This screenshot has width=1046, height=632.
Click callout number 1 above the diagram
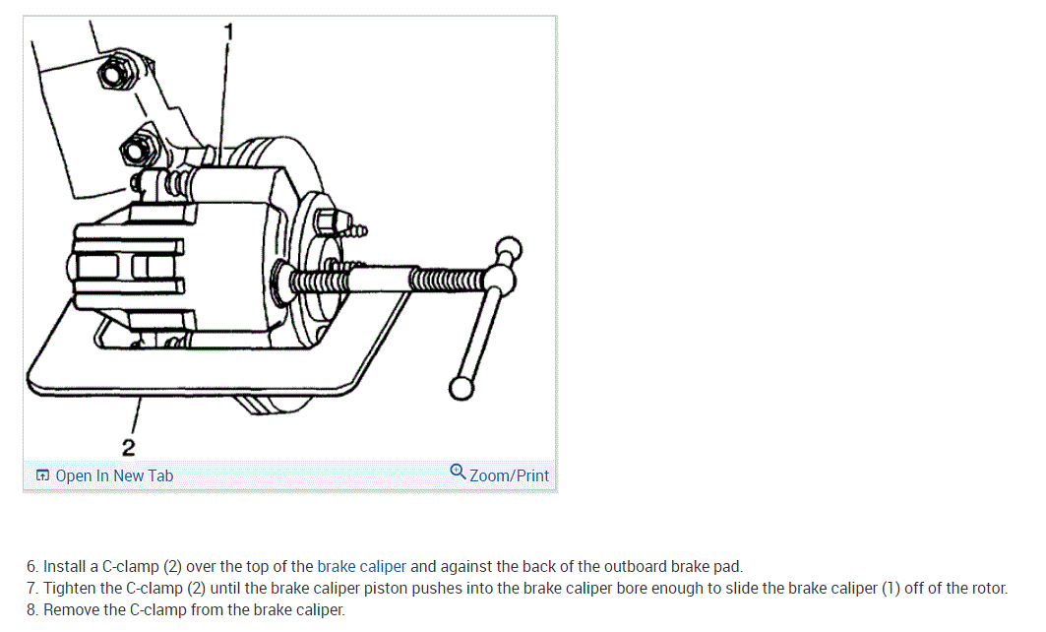pos(229,32)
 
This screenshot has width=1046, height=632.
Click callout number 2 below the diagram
pos(129,447)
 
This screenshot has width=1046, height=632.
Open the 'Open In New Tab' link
pos(114,476)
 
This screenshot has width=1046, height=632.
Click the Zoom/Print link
pos(509,476)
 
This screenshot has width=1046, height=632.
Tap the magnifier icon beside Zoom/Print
pos(458,472)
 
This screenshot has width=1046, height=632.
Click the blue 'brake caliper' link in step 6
pos(361,567)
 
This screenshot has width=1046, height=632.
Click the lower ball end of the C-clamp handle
pos(461,388)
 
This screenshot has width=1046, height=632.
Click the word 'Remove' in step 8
pos(71,610)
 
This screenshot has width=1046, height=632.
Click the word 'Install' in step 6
pos(63,567)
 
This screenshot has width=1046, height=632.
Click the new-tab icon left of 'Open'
pos(42,476)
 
